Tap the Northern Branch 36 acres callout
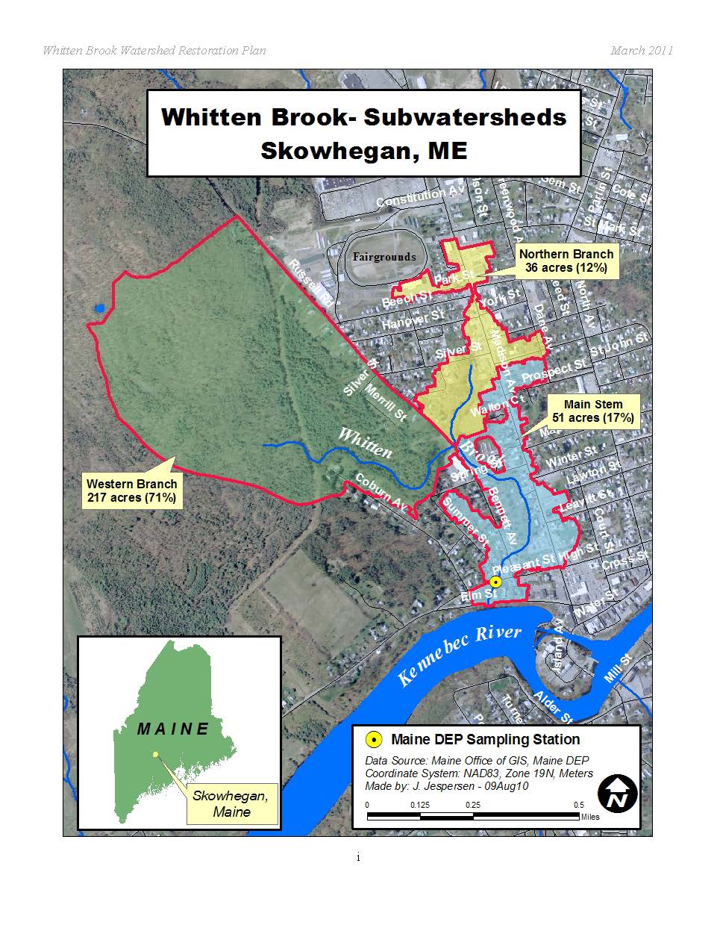(x=566, y=261)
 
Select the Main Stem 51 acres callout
(x=592, y=411)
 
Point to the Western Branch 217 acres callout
(x=131, y=491)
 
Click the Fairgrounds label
(x=384, y=257)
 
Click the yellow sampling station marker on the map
(x=495, y=582)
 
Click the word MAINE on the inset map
(x=173, y=729)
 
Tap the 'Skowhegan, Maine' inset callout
(x=231, y=803)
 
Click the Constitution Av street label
(x=421, y=197)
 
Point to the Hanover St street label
(x=413, y=320)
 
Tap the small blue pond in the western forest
(x=99, y=308)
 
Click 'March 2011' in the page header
(x=641, y=51)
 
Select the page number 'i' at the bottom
(x=358, y=858)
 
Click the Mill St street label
(x=619, y=667)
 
